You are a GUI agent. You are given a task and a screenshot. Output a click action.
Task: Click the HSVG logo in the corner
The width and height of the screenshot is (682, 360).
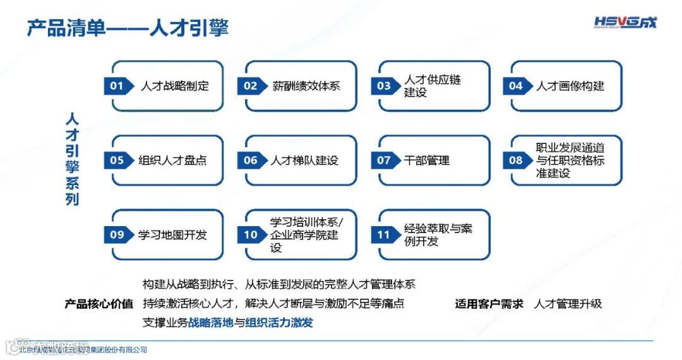pyautogui.click(x=625, y=23)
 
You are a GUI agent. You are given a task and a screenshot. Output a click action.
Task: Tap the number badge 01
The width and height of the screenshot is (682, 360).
pyautogui.click(x=117, y=86)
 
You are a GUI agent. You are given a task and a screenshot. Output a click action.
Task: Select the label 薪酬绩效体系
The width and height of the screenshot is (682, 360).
pyautogui.click(x=306, y=86)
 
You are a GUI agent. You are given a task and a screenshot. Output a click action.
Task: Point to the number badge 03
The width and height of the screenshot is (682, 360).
pyautogui.click(x=384, y=86)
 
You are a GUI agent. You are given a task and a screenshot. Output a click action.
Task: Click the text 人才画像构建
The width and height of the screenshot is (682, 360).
pyautogui.click(x=570, y=86)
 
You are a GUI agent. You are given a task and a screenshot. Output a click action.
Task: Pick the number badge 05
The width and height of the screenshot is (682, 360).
pyautogui.click(x=117, y=160)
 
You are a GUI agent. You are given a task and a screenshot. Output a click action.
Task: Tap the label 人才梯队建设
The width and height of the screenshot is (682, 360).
pyautogui.click(x=305, y=160)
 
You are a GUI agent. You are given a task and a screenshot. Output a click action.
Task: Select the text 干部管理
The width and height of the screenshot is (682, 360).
pyautogui.click(x=427, y=160)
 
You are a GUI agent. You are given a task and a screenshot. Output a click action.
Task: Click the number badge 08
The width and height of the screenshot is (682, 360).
pyautogui.click(x=517, y=160)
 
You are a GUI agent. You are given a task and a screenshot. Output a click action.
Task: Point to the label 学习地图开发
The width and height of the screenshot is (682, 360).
pyautogui.click(x=172, y=235)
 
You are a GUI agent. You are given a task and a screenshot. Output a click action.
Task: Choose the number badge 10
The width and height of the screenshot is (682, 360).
pyautogui.click(x=251, y=235)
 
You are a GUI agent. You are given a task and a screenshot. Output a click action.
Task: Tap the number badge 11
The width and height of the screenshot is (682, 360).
pyautogui.click(x=384, y=235)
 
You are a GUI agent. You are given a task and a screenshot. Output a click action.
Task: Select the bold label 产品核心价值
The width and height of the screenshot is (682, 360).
pyautogui.click(x=99, y=304)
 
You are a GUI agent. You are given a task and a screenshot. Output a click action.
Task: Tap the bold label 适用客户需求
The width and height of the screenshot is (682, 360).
pyautogui.click(x=489, y=304)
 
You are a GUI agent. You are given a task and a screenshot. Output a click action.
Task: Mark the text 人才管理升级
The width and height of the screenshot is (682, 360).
pyautogui.click(x=568, y=304)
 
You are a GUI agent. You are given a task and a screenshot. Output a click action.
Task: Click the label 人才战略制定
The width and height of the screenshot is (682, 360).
pyautogui.click(x=174, y=86)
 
